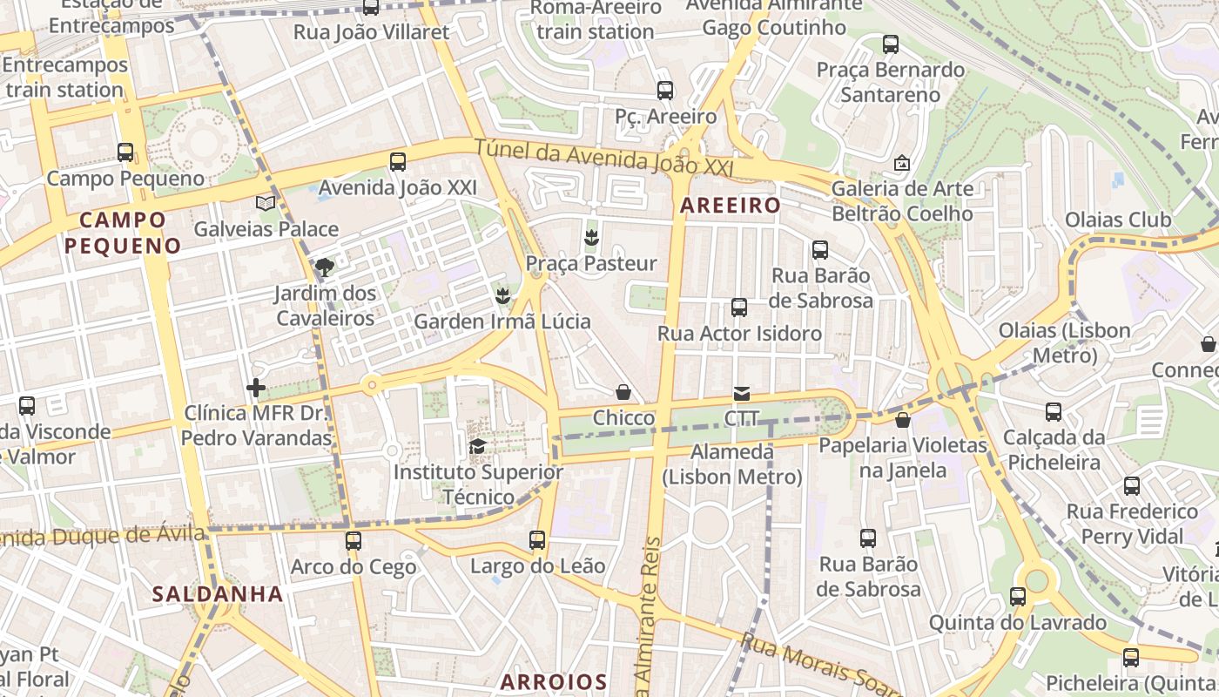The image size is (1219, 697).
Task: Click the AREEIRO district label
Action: (731, 206)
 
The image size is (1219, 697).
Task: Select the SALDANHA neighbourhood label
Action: (218, 594)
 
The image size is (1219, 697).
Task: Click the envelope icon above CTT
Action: (741, 394)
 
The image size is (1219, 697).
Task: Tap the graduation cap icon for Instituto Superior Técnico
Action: (477, 448)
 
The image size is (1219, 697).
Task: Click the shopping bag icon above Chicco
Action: (623, 393)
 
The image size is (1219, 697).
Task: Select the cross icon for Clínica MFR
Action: (256, 388)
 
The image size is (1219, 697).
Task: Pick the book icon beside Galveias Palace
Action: (266, 203)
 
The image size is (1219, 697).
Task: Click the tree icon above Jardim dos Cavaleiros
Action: (325, 267)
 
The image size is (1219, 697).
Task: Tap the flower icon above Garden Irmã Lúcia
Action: (502, 296)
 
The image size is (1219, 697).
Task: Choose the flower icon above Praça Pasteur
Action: (591, 237)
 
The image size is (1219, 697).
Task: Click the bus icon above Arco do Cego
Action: (353, 541)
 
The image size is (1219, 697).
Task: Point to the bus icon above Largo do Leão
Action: (537, 540)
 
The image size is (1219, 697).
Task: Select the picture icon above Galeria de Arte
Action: (901, 163)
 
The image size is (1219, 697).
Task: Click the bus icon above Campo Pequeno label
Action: (125, 152)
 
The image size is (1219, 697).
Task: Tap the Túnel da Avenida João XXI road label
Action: (604, 159)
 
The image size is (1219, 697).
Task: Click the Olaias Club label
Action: (1118, 220)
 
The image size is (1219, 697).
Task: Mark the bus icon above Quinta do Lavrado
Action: (1018, 597)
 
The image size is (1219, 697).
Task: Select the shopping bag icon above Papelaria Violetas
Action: (902, 420)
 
